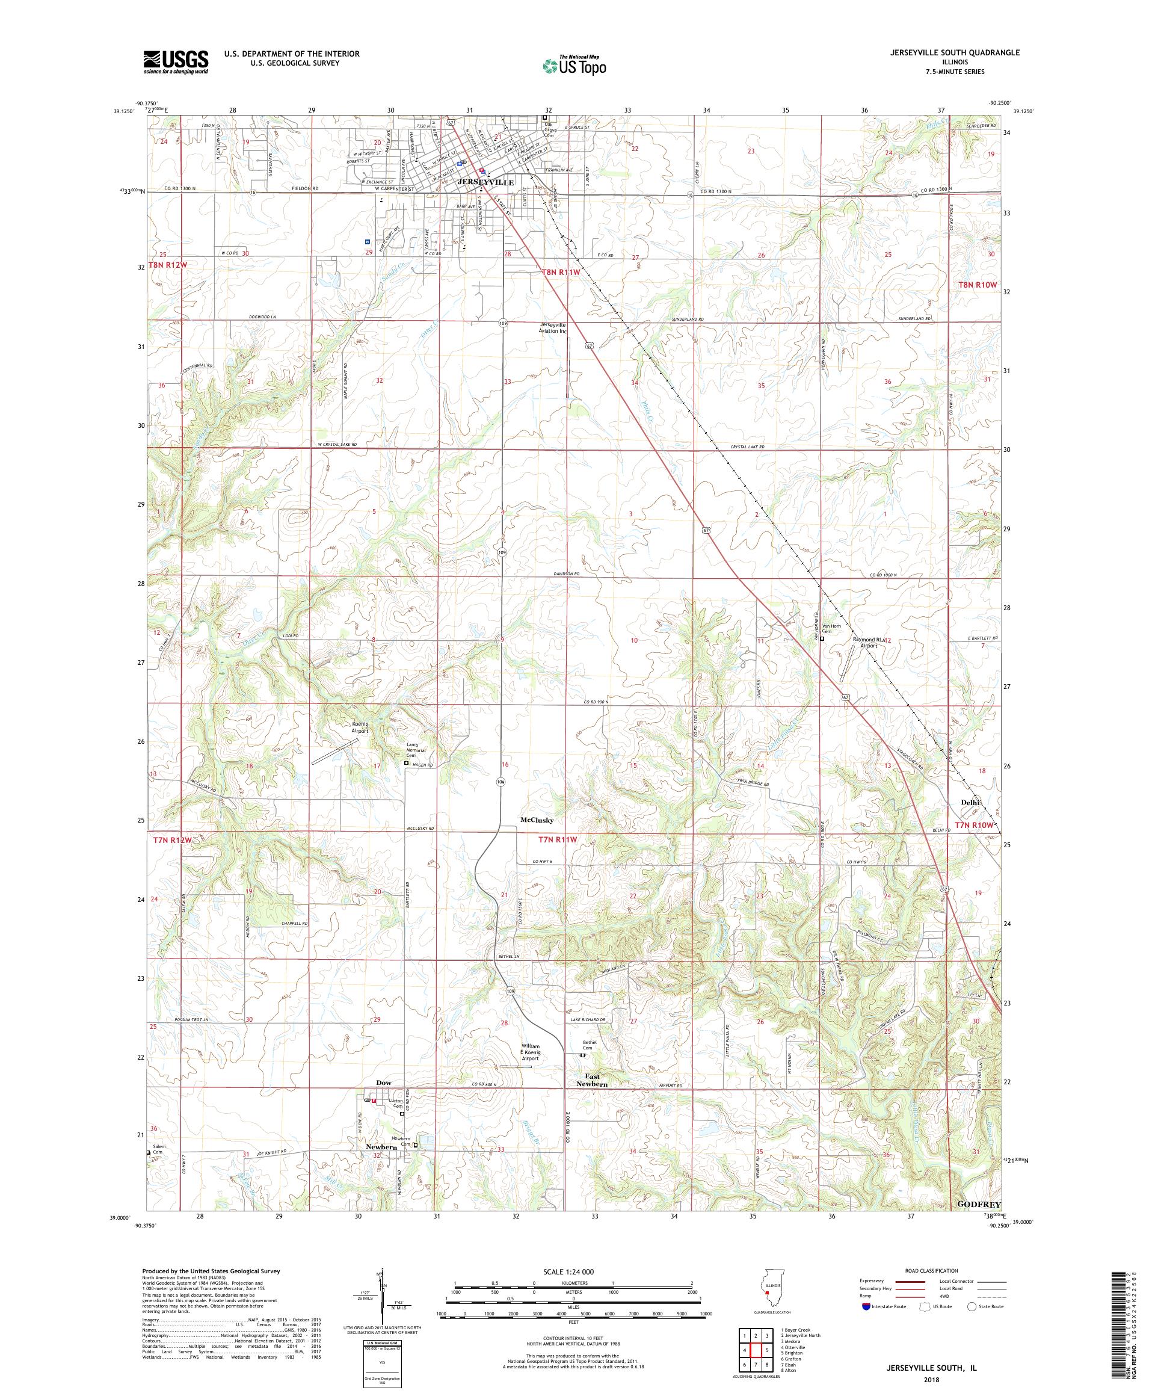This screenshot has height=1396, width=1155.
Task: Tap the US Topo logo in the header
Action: pyautogui.click(x=575, y=64)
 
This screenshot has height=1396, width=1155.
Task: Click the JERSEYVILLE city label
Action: pyautogui.click(x=487, y=182)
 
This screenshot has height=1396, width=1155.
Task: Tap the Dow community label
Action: pyautogui.click(x=383, y=1083)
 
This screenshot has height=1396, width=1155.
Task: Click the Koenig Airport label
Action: pyautogui.click(x=360, y=727)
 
